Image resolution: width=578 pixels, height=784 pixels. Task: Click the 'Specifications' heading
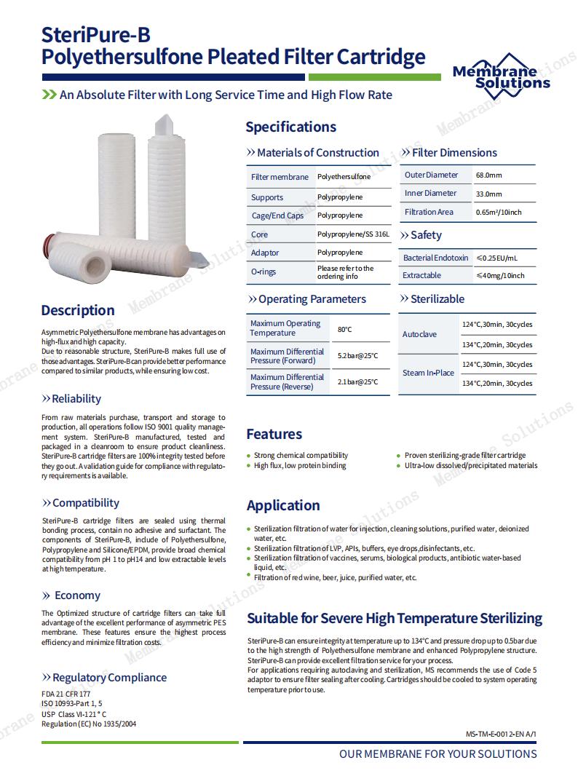pos(290,127)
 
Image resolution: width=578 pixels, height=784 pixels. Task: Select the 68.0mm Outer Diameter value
pos(488,175)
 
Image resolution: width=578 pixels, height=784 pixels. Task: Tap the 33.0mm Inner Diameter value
pos(488,194)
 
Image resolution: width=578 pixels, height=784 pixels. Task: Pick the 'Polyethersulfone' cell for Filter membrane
pos(344,177)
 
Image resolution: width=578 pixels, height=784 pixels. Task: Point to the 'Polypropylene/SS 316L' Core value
pos(353,234)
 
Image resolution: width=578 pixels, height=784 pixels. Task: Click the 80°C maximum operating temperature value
pos(344,329)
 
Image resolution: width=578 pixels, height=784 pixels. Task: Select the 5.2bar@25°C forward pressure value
pos(357,356)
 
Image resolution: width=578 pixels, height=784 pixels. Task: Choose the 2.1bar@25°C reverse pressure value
pos(357,382)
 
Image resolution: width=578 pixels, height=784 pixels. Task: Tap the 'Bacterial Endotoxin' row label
pos(435,258)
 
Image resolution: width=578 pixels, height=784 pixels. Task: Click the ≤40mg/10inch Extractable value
pos(499,276)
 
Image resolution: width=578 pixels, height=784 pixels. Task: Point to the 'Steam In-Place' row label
pos(428,373)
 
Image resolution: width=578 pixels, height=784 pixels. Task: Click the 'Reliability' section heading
pos(76,399)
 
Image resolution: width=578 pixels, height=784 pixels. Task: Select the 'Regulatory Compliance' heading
pos(109,678)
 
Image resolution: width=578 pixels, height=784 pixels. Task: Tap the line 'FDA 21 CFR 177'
pos(66,694)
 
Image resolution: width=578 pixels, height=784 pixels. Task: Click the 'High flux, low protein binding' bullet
pos(299,466)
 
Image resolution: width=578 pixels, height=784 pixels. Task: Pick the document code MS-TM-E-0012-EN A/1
pos(500,734)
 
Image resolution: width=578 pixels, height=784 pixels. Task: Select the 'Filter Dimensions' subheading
pos(454,153)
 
